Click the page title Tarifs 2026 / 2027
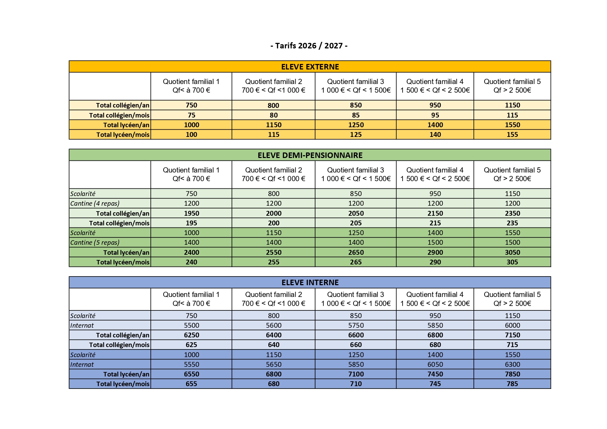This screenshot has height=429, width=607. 309,46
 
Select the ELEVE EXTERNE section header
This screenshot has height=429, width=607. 310,67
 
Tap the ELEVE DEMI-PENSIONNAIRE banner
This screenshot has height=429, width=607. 310,155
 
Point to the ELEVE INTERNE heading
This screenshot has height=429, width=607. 310,282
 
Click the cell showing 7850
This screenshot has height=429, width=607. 512,374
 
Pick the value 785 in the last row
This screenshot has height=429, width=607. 512,384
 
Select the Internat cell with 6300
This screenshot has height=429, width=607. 512,364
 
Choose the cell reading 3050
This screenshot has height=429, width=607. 512,252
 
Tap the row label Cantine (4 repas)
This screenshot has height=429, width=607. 95,203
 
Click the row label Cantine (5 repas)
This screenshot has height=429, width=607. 95,242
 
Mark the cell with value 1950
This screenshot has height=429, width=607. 191,213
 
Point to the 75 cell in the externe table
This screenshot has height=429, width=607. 191,115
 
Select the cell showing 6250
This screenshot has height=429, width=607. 191,335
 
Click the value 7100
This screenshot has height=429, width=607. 356,374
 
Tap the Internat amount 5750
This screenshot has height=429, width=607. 356,325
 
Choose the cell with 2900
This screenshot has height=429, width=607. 435,252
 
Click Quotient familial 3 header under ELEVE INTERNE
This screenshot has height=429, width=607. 356,299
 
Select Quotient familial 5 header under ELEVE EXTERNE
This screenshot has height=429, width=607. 512,86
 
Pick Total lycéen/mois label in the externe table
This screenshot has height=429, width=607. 123,134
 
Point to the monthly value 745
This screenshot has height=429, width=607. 435,384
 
